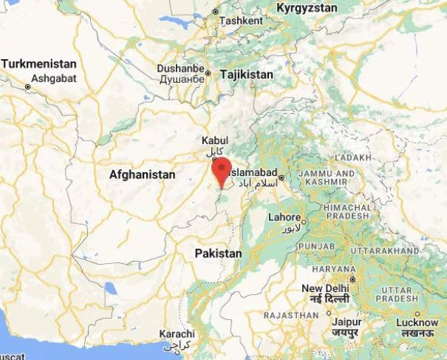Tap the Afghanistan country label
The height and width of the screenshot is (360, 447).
(142, 175)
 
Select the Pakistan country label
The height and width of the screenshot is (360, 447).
(218, 254)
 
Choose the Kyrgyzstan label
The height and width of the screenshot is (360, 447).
(307, 8)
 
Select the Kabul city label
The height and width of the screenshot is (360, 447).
(215, 140)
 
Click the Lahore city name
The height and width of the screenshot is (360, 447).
(283, 218)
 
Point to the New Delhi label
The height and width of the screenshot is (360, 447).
(325, 288)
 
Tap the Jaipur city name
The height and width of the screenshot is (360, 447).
(345, 323)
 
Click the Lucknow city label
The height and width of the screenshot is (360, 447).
(417, 323)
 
